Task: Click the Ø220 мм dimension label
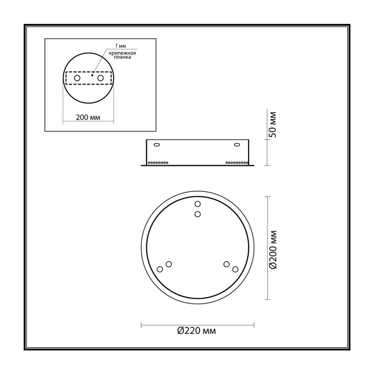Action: [x=196, y=331]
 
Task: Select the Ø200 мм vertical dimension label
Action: [x=273, y=250]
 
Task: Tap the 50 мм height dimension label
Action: [x=273, y=124]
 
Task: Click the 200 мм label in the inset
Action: [x=88, y=117]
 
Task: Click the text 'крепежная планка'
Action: [x=122, y=55]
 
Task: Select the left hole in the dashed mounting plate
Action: [x=77, y=78]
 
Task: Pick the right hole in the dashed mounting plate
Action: [x=101, y=78]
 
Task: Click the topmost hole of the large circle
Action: [x=197, y=204]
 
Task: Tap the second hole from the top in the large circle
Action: [x=197, y=214]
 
